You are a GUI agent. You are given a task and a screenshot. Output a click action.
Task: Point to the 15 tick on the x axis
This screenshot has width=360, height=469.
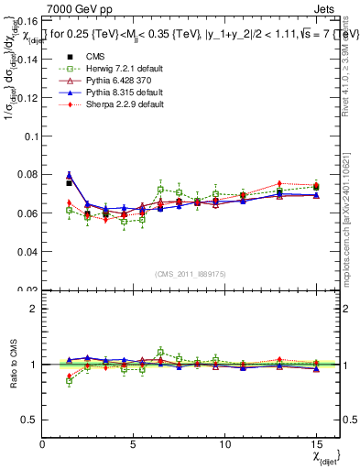tap(317, 443)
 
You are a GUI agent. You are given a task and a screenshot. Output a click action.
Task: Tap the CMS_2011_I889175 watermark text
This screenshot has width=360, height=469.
tap(180, 273)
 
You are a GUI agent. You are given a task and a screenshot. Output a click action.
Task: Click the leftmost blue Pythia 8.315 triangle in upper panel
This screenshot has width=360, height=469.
tap(69, 174)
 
